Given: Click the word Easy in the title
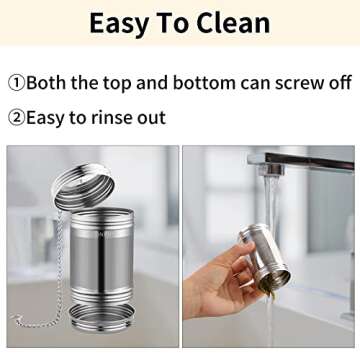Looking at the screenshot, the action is (x=119, y=24).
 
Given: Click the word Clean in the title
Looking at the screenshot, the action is (x=233, y=23).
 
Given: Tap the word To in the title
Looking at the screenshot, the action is (x=172, y=23).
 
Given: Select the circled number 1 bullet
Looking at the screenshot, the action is (x=16, y=83).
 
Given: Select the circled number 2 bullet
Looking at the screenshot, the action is (x=16, y=118).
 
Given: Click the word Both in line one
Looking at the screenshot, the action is (x=46, y=83).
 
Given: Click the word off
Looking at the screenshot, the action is (x=339, y=82).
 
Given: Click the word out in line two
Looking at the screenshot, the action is (x=151, y=119).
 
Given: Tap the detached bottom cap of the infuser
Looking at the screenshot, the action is (x=102, y=318).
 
